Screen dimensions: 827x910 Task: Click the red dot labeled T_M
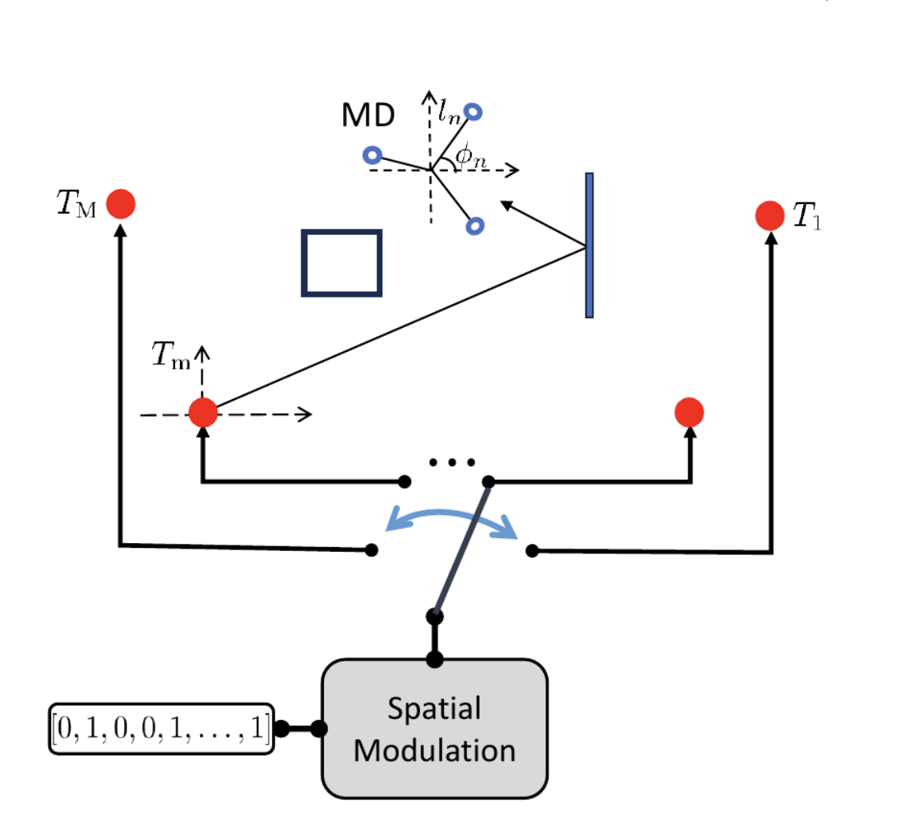coord(122,204)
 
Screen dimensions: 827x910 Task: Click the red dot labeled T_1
coord(770,216)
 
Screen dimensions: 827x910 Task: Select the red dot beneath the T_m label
coord(203,413)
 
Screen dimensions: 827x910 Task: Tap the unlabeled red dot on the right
coord(688,413)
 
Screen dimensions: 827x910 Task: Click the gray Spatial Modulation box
coord(435,728)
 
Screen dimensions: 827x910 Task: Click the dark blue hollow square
coord(341,263)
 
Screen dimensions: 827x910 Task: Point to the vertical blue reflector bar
coord(589,246)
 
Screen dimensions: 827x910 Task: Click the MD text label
coord(368,117)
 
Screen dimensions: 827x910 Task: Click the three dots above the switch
coord(452,462)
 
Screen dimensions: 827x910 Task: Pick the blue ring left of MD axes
coord(372,154)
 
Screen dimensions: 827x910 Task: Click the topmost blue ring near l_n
coord(474,111)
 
